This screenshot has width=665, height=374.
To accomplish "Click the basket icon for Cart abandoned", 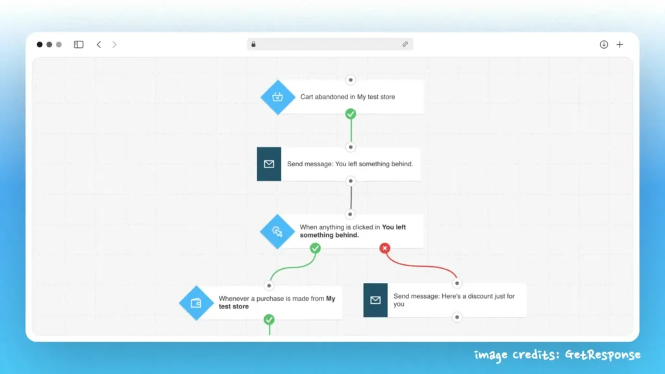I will (x=278, y=97).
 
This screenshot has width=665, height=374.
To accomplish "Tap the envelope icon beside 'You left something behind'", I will (x=269, y=164).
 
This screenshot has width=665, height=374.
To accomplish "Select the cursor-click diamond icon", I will (x=277, y=232).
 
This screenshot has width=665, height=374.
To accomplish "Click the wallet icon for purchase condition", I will (x=196, y=303).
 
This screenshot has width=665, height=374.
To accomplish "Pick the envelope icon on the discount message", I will (x=375, y=300).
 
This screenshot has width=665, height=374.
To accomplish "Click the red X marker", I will (x=385, y=248).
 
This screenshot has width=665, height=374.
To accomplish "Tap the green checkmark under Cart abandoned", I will (x=351, y=114).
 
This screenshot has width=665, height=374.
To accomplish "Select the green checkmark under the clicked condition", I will (x=315, y=248).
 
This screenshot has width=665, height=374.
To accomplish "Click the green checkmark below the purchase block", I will (x=269, y=319).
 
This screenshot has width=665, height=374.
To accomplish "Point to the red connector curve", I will (x=422, y=266).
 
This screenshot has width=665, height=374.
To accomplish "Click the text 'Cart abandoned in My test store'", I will (x=347, y=97).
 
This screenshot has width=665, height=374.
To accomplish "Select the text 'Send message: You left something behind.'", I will (x=350, y=164).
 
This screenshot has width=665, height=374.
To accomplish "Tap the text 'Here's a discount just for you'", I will (x=454, y=300).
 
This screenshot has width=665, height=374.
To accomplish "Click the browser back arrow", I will (x=99, y=45).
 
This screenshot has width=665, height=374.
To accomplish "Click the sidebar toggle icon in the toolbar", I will (x=79, y=45).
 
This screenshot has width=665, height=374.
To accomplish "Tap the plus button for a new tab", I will (x=620, y=45).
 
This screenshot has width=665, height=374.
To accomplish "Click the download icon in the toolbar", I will (x=604, y=45).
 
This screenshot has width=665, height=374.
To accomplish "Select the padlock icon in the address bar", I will (x=253, y=45).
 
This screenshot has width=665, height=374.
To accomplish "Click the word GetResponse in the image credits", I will (x=603, y=355).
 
